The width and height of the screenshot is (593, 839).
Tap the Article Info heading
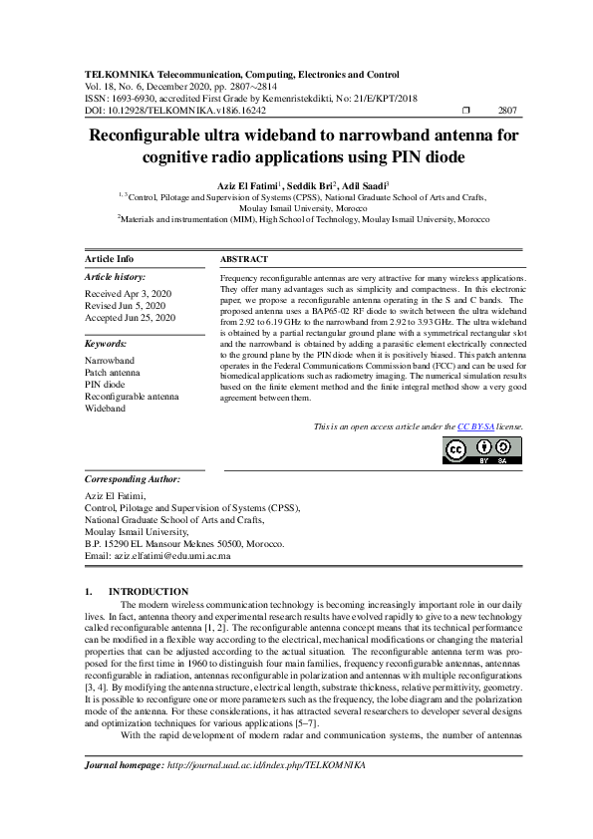click(x=110, y=258)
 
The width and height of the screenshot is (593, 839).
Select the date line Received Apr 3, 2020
click(x=128, y=295)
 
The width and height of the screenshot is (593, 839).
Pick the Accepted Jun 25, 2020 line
click(x=130, y=317)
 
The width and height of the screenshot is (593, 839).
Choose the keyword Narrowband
click(x=110, y=359)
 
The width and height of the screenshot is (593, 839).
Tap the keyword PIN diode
click(x=105, y=384)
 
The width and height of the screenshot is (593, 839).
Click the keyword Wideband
click(x=106, y=409)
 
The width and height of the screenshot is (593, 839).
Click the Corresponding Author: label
click(x=138, y=478)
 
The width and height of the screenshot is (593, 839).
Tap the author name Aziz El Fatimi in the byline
click(x=245, y=185)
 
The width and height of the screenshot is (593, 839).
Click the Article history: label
click(x=116, y=276)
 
